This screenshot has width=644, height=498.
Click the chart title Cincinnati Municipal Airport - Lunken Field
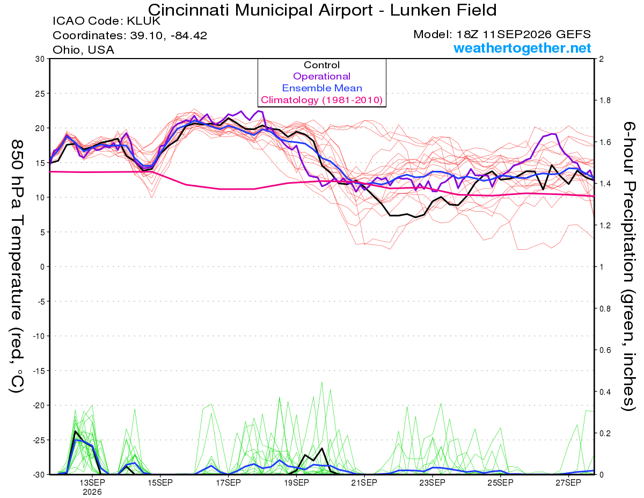[x=322, y=10]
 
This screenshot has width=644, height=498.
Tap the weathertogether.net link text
[x=522, y=48]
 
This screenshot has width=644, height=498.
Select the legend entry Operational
[x=321, y=76]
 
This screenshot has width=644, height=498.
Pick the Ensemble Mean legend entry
[x=322, y=88]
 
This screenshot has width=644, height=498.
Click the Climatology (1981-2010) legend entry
[x=322, y=100]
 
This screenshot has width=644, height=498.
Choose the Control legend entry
[x=321, y=64]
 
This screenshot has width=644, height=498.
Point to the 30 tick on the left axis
[x=40, y=59]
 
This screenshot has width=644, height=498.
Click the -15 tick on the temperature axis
[x=38, y=371]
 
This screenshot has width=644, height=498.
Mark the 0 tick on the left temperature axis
[x=42, y=266]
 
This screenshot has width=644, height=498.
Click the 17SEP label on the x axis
[x=228, y=483]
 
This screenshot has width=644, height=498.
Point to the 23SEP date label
[x=432, y=483]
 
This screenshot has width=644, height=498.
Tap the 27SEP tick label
[x=568, y=483]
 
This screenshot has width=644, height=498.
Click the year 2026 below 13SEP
[x=92, y=492]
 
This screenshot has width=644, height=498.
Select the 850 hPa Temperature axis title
[x=17, y=266]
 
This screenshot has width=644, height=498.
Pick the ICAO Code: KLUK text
[x=106, y=21]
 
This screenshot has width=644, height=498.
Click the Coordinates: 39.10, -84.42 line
[x=130, y=35]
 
